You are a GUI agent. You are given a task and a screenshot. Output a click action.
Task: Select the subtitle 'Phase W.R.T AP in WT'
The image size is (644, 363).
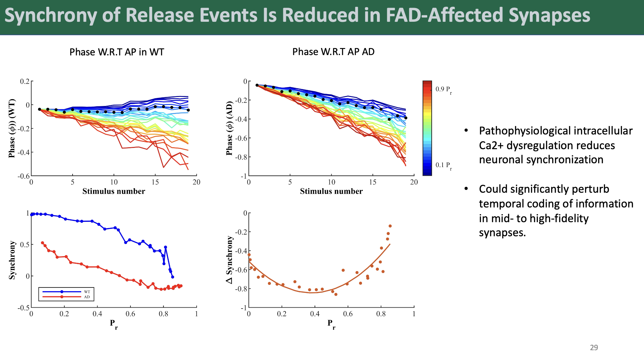pyautogui.click(x=117, y=52)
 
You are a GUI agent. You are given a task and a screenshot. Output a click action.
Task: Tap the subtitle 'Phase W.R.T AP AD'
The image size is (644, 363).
pyautogui.click(x=333, y=52)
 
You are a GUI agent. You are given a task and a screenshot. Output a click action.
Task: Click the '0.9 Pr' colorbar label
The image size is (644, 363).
pyautogui.click(x=444, y=90)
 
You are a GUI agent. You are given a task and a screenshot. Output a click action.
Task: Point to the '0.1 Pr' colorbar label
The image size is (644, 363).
pyautogui.click(x=444, y=165)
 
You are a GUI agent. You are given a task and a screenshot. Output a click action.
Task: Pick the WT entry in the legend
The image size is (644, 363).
pyautogui.click(x=87, y=292)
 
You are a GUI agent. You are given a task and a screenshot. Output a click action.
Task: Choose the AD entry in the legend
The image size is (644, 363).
pyautogui.click(x=87, y=297)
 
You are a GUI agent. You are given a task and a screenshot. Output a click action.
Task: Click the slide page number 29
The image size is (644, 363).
pyautogui.click(x=594, y=348)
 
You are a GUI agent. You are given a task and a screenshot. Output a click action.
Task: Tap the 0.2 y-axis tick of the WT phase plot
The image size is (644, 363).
pyautogui.click(x=25, y=81)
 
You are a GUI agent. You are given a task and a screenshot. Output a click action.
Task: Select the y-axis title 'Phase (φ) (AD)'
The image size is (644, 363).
pyautogui.click(x=229, y=128)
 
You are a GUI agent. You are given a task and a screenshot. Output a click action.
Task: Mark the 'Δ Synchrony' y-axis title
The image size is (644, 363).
pyautogui.click(x=229, y=260)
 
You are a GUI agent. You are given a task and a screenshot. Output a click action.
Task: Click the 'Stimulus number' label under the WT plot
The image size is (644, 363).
pyautogui.click(x=114, y=191)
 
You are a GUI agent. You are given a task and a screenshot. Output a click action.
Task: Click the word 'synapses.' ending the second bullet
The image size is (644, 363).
pyautogui.click(x=502, y=233)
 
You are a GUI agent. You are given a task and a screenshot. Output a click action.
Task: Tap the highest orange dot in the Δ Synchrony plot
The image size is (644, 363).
pyautogui.click(x=390, y=226)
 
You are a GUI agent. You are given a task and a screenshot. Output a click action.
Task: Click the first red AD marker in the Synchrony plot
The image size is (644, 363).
pyautogui.click(x=43, y=243)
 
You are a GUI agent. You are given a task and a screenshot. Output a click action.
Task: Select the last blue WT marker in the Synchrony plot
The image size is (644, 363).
pyautogui.click(x=173, y=277)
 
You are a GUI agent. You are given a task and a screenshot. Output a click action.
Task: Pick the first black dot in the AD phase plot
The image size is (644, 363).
pyautogui.click(x=257, y=85)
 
